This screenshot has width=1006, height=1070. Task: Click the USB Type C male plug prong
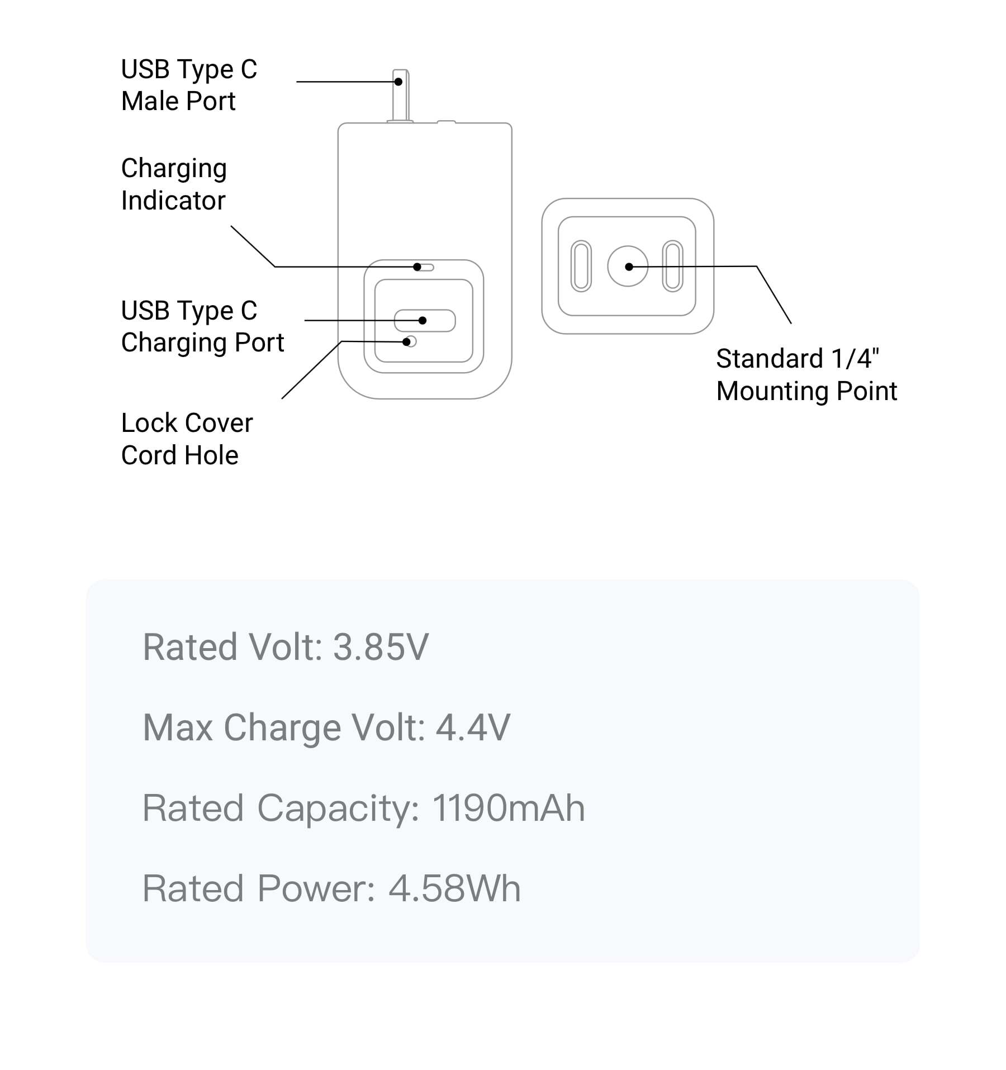coord(400,95)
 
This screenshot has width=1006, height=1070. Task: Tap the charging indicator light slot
coord(425,268)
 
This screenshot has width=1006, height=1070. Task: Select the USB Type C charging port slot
coord(425,321)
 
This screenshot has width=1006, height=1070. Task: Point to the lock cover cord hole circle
coord(411,341)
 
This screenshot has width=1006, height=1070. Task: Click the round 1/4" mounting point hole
coord(628,267)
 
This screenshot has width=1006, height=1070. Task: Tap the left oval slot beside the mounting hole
coord(581,267)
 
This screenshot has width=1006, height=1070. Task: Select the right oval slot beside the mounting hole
coord(672,267)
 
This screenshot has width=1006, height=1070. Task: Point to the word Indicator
coord(173,201)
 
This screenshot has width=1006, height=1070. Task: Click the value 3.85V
coord(381,647)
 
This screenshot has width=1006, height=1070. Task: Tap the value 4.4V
coord(473,727)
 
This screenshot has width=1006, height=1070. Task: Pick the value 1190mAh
coord(509,808)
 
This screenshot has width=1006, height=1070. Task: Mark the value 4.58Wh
coord(454,888)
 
